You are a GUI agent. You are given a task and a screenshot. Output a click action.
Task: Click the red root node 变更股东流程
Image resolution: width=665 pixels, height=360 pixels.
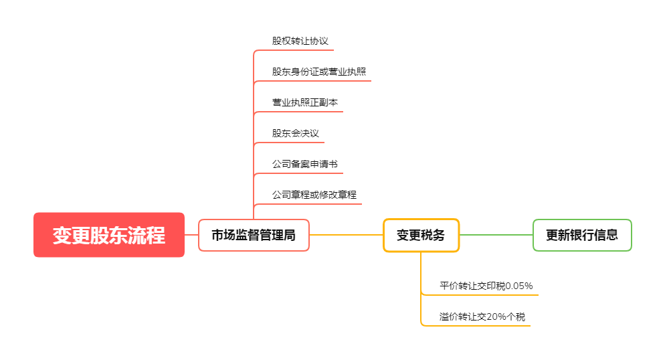pos(109,235)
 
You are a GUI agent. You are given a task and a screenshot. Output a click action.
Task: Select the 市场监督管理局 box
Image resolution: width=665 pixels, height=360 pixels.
pos(254,236)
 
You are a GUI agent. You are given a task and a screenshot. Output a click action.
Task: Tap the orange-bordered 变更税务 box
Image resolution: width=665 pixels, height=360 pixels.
pos(421,236)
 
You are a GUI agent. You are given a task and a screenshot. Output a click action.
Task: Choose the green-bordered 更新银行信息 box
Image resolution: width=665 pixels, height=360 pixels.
pos(582,236)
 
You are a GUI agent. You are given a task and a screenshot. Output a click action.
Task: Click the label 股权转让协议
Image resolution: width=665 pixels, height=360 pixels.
pos(300,41)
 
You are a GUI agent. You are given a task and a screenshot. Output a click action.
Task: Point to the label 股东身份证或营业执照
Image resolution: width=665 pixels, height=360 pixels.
pos(318,72)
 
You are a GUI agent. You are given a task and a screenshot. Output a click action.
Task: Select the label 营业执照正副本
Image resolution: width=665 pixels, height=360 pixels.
pos(304,102)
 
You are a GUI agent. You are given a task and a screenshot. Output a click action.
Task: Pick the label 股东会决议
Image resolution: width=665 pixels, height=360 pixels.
pos(295,133)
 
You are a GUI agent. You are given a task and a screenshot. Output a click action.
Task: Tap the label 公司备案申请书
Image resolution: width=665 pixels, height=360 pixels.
pos(304,164)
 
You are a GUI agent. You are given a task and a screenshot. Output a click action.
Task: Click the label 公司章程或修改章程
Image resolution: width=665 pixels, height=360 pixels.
pos(314,195)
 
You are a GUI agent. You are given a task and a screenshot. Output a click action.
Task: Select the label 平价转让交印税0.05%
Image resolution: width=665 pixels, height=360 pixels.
pos(486,286)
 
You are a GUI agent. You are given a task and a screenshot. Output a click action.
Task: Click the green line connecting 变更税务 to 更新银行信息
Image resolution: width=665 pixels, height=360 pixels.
pos(496,235)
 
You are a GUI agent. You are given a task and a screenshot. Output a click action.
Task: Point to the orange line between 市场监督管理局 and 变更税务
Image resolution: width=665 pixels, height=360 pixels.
pos(346,235)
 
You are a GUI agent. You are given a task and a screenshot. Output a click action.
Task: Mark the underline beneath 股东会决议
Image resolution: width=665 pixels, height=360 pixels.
pos(294,142)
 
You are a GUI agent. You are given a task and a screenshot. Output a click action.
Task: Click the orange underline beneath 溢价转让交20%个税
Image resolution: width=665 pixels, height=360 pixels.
pos(482,326)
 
